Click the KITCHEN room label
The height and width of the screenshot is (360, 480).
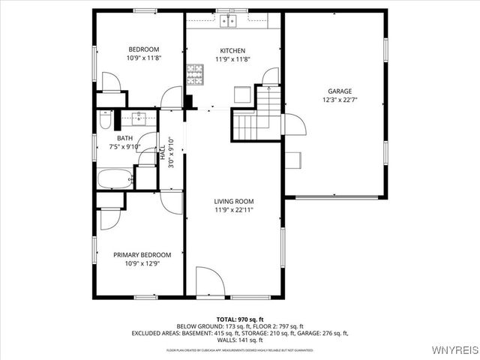tap(232, 50)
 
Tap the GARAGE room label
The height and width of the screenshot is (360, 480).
tap(339, 91)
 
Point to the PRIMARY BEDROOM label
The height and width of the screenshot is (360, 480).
tap(142, 254)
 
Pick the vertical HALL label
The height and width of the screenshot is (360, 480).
tap(163, 152)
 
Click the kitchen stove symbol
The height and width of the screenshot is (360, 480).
tap(196, 73)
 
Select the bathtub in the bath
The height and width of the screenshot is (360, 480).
tap(115, 178)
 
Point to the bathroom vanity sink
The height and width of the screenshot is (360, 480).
tap(139, 118)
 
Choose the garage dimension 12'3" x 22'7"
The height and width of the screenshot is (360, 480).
tap(339, 99)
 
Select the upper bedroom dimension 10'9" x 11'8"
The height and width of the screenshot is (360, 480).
tap(144, 58)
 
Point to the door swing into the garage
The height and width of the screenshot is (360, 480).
tap(294, 124)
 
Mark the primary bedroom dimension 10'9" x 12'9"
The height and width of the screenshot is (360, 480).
tap(142, 263)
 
